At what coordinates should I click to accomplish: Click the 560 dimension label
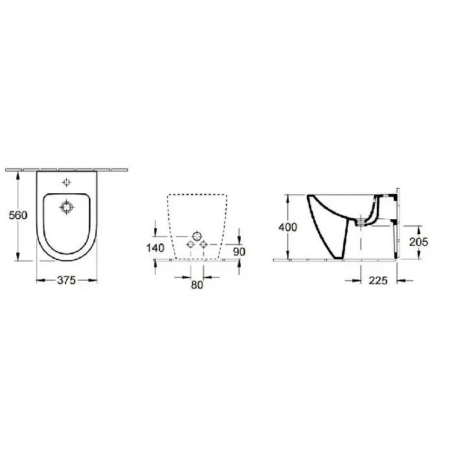pos(18,215)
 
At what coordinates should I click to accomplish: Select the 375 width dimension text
pos(66,280)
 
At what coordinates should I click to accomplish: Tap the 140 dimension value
pos(155,248)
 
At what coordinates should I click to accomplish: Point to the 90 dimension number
pos(239,252)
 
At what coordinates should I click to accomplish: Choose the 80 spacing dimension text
pos(197,285)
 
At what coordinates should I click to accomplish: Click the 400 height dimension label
pos(287,227)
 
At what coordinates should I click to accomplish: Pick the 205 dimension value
pos(418,242)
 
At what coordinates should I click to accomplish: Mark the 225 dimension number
pos(378,280)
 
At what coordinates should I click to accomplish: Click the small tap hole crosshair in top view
pos(67,182)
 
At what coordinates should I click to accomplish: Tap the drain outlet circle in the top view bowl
pos(67,208)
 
